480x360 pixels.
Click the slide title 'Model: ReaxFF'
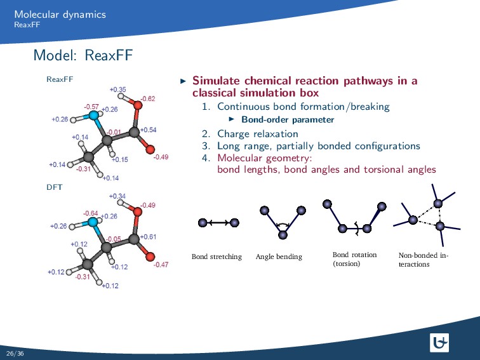tap(83, 57)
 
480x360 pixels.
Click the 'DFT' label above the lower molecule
tap(53, 188)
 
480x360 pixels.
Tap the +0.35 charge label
tap(117, 90)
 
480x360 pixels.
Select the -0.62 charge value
tap(148, 98)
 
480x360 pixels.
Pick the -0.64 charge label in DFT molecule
tap(90, 213)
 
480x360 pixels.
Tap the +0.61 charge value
tap(148, 237)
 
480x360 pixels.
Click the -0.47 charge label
tap(161, 265)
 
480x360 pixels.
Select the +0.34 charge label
tap(117, 196)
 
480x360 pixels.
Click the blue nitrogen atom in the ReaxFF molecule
tap(94, 116)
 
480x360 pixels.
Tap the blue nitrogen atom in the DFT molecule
tap(93, 222)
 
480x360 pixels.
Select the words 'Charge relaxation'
tap(257, 133)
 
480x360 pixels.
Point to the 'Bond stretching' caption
tap(217, 257)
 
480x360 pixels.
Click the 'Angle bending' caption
tap(279, 257)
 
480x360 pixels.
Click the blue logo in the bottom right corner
tap(439, 343)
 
